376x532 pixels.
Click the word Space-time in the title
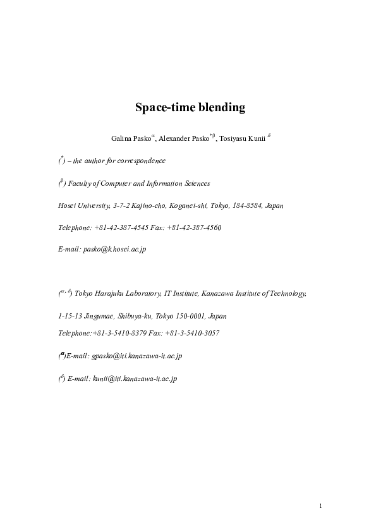point(162,107)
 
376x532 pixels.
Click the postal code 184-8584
point(248,205)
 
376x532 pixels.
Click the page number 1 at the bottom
point(320,505)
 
